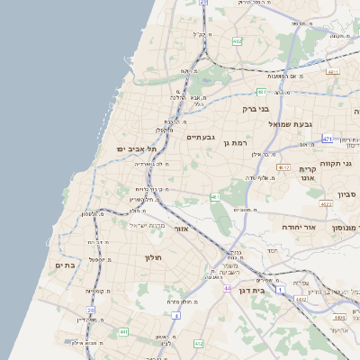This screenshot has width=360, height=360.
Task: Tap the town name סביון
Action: click(346, 194)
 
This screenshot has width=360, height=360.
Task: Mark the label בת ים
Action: click(64, 265)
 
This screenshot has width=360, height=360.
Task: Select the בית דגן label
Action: click(257, 291)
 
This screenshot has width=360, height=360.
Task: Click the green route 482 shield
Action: click(237, 41)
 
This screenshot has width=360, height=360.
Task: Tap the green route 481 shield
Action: click(261, 92)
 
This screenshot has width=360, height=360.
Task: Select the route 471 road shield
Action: click(327, 139)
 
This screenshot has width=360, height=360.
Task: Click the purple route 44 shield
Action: click(229, 289)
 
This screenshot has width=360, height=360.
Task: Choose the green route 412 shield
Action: click(198, 344)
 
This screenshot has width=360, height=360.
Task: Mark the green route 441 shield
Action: click(123, 332)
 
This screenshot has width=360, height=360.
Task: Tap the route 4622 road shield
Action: click(326, 204)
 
